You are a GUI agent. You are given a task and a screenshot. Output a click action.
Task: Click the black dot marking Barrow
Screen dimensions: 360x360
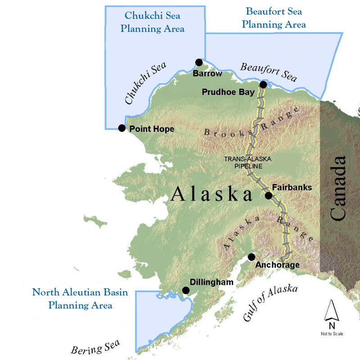(x=199, y=62)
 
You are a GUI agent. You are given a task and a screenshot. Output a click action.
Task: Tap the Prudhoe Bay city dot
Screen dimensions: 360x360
(x=263, y=85)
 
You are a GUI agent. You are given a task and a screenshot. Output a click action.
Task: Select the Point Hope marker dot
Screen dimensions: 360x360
(x=121, y=128)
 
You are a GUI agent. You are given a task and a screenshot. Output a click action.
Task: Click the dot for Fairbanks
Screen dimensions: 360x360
(x=268, y=195)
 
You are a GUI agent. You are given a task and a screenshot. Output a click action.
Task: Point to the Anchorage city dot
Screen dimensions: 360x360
(x=251, y=257)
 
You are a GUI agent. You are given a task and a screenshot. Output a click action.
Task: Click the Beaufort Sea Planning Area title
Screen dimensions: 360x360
(x=274, y=18)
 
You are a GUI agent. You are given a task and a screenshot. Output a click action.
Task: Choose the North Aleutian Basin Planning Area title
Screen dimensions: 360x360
(x=80, y=299)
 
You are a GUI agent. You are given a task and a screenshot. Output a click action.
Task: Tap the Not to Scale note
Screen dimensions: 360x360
(x=331, y=334)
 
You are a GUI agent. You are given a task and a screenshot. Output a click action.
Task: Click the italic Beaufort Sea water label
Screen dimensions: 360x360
(x=268, y=72)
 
